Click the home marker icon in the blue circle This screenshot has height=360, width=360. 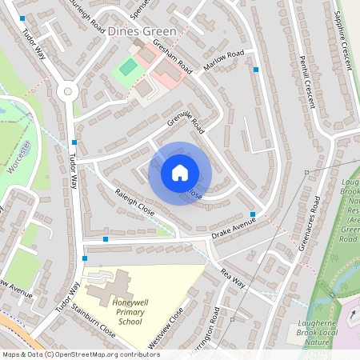[x=180, y=173]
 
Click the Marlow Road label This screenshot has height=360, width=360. [x=224, y=61]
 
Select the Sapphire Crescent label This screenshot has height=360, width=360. [x=344, y=38]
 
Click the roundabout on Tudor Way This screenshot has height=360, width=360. [x=68, y=91]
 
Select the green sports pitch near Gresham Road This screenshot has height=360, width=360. [x=127, y=68]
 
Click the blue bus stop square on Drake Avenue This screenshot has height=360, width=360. [x=253, y=214]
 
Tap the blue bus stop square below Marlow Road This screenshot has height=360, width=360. [x=256, y=70]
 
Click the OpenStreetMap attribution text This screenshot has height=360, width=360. [x=80, y=354]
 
